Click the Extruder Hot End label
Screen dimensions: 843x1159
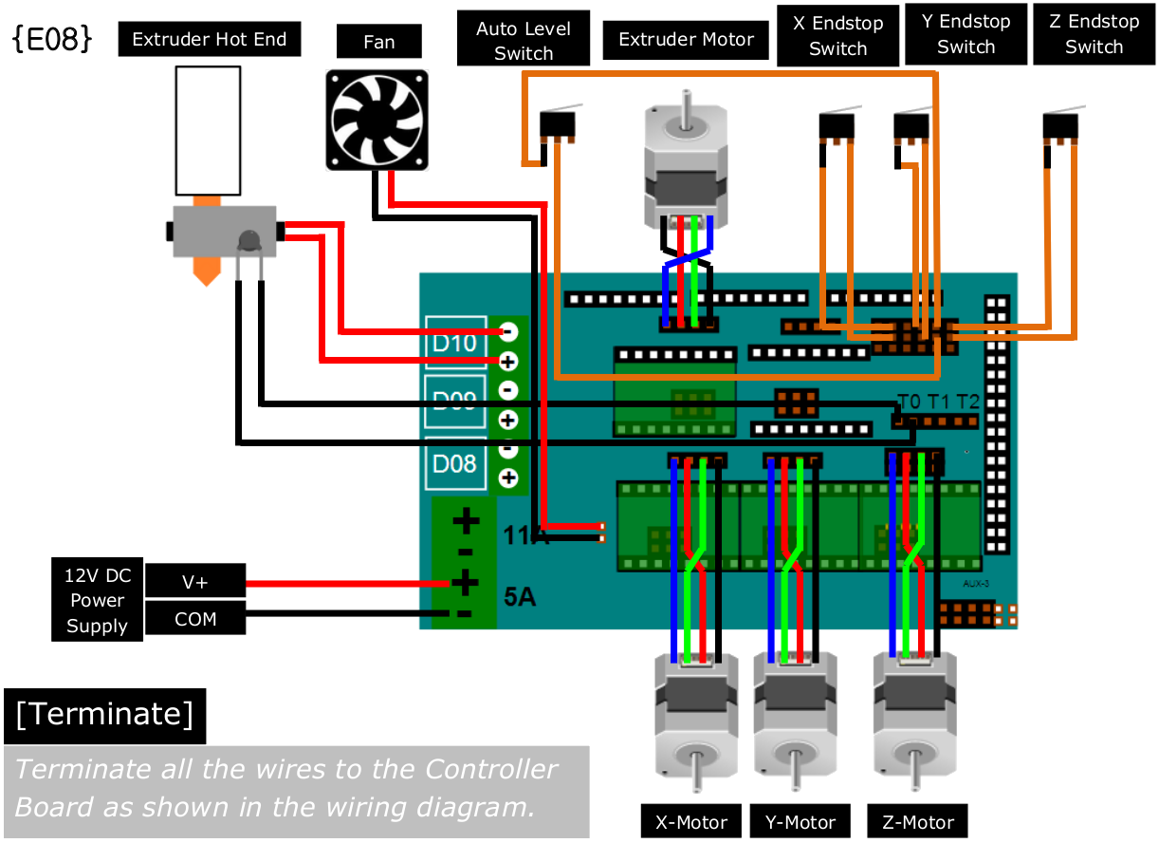point(210,40)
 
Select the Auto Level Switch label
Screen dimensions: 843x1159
point(523,40)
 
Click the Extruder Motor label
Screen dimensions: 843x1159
point(686,40)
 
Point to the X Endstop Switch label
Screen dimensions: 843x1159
point(837,36)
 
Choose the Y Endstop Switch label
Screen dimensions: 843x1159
point(966,34)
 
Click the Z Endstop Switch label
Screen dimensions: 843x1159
point(1094,34)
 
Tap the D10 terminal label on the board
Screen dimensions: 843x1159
point(455,343)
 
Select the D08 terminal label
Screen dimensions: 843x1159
point(455,464)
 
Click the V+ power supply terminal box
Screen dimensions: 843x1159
point(194,582)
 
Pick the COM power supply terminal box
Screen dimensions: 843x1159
point(194,619)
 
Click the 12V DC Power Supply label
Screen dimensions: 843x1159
point(97,601)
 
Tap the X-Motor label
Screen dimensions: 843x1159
point(691,822)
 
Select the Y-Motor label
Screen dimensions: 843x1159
point(800,822)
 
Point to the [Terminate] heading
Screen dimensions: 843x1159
point(104,715)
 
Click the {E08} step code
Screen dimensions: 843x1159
point(52,39)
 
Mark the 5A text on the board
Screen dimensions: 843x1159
point(520,598)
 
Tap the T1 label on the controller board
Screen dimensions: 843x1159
point(938,402)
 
